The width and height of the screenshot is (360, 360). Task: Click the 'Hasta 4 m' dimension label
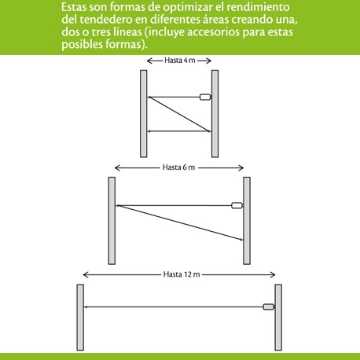(180, 61)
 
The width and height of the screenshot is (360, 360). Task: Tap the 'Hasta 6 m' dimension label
(178, 167)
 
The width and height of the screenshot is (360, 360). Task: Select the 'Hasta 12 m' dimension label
(182, 274)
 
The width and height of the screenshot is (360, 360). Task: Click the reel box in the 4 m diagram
(205, 97)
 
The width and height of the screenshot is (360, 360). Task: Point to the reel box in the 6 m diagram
(237, 205)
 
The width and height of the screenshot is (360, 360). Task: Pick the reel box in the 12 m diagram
(268, 307)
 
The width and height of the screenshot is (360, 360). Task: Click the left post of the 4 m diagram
(144, 113)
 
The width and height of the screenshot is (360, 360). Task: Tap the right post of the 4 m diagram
(215, 113)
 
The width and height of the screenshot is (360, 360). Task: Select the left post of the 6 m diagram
(112, 221)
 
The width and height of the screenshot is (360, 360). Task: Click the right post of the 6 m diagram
(247, 221)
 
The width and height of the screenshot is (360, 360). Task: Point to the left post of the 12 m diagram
(80, 318)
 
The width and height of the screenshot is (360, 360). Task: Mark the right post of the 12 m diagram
(278, 318)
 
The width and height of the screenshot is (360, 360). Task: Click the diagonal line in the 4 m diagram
(179, 114)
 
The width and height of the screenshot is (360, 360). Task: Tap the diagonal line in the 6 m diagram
(179, 222)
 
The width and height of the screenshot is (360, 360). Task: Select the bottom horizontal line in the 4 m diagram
(179, 131)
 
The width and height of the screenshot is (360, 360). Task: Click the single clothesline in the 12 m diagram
(174, 307)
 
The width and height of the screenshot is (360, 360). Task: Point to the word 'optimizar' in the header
(188, 8)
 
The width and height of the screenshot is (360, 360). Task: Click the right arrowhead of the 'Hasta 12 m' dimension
(273, 274)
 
